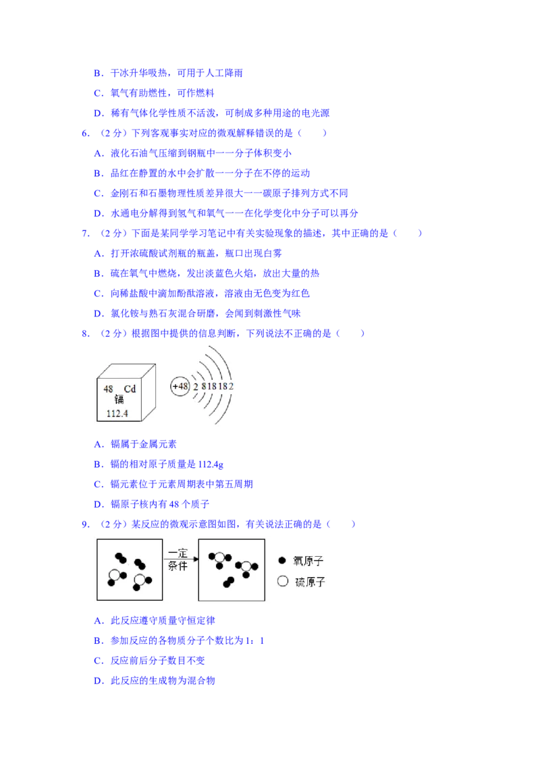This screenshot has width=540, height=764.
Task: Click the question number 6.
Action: tap(85, 133)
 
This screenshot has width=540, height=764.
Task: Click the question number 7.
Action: tap(85, 234)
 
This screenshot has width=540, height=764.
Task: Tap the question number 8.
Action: tap(85, 334)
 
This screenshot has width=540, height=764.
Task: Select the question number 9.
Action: tap(85, 525)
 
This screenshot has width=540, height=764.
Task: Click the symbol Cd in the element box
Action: tap(130, 389)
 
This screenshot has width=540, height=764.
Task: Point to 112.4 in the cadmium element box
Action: tap(117, 414)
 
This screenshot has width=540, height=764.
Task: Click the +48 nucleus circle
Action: tap(180, 386)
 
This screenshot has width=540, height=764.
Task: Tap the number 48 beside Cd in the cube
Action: tap(108, 389)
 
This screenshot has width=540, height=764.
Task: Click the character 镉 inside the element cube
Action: tap(119, 400)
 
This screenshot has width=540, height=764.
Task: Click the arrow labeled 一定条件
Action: tap(181, 559)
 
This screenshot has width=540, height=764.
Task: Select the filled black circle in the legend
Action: tap(282, 560)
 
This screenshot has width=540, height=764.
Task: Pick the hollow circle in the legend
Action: tap(283, 581)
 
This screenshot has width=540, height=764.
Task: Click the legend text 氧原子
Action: tap(308, 561)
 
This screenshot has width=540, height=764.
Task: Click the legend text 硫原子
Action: tap(310, 582)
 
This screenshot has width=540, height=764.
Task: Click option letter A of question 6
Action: tap(99, 153)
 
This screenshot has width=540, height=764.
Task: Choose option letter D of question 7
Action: tap(99, 314)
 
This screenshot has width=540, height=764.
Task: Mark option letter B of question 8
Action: tap(99, 464)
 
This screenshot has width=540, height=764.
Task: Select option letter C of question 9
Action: tap(99, 661)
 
